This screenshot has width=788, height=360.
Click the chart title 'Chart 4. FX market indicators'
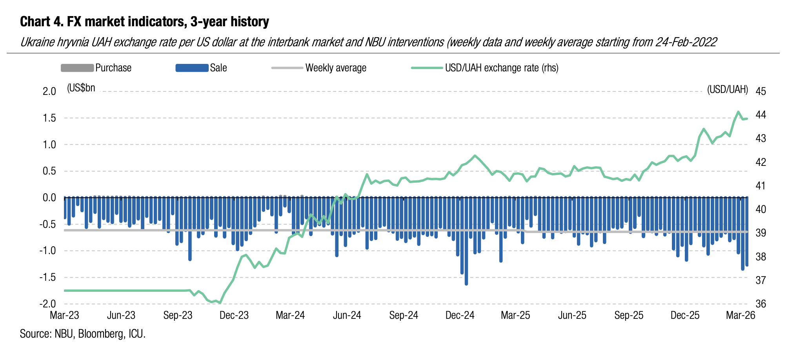[144, 22]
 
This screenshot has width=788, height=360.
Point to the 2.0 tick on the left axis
[49, 91]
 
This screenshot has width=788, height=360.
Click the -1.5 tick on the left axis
[47, 277]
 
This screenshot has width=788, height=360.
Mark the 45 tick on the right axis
[761, 91]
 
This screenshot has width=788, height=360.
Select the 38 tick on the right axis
[761, 256]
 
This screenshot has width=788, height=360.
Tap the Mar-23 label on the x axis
[64, 315]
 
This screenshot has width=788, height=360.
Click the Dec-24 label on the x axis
[460, 315]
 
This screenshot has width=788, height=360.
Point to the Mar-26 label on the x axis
[740, 315]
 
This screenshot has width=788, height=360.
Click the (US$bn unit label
[81, 88]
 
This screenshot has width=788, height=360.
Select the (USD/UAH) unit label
[727, 90]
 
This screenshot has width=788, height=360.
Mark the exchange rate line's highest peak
[738, 112]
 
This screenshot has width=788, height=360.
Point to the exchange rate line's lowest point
[220, 303]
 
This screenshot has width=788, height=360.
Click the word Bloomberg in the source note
[99, 334]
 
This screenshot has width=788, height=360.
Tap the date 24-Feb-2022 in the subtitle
[686, 42]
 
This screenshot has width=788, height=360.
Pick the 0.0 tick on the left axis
[49, 198]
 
